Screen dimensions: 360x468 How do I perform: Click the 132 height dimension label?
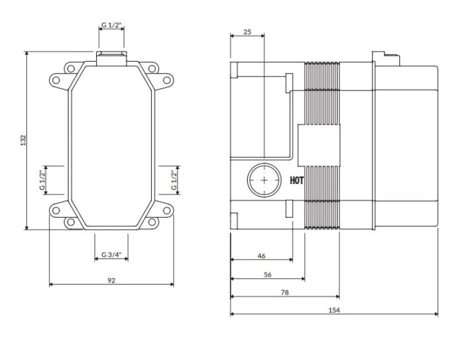click(x=22, y=141)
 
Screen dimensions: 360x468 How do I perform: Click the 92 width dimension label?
click(x=111, y=280)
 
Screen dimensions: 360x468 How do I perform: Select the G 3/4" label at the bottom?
click(x=111, y=255)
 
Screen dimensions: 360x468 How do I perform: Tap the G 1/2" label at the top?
click(x=111, y=26)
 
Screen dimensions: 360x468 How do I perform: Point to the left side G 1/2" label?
click(x=42, y=180)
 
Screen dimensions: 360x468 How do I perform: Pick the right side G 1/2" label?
click(x=174, y=180)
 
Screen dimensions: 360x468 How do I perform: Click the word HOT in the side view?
click(x=296, y=181)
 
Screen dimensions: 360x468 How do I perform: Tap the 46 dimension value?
click(x=261, y=256)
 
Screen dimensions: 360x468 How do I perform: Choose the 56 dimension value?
click(x=268, y=274)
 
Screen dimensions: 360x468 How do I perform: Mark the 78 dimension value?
click(x=285, y=291)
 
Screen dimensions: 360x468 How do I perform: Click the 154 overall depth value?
click(x=334, y=310)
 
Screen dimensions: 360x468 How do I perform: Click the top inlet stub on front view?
click(x=111, y=57)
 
